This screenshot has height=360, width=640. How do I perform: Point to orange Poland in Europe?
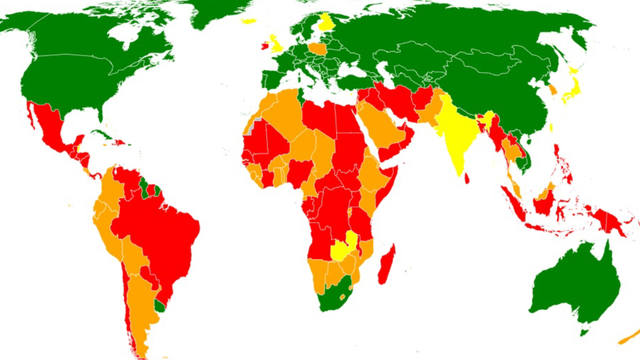click(x=317, y=48)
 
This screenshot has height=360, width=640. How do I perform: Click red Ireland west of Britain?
click(x=264, y=44)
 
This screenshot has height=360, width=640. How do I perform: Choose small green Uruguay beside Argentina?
click(x=162, y=300)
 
